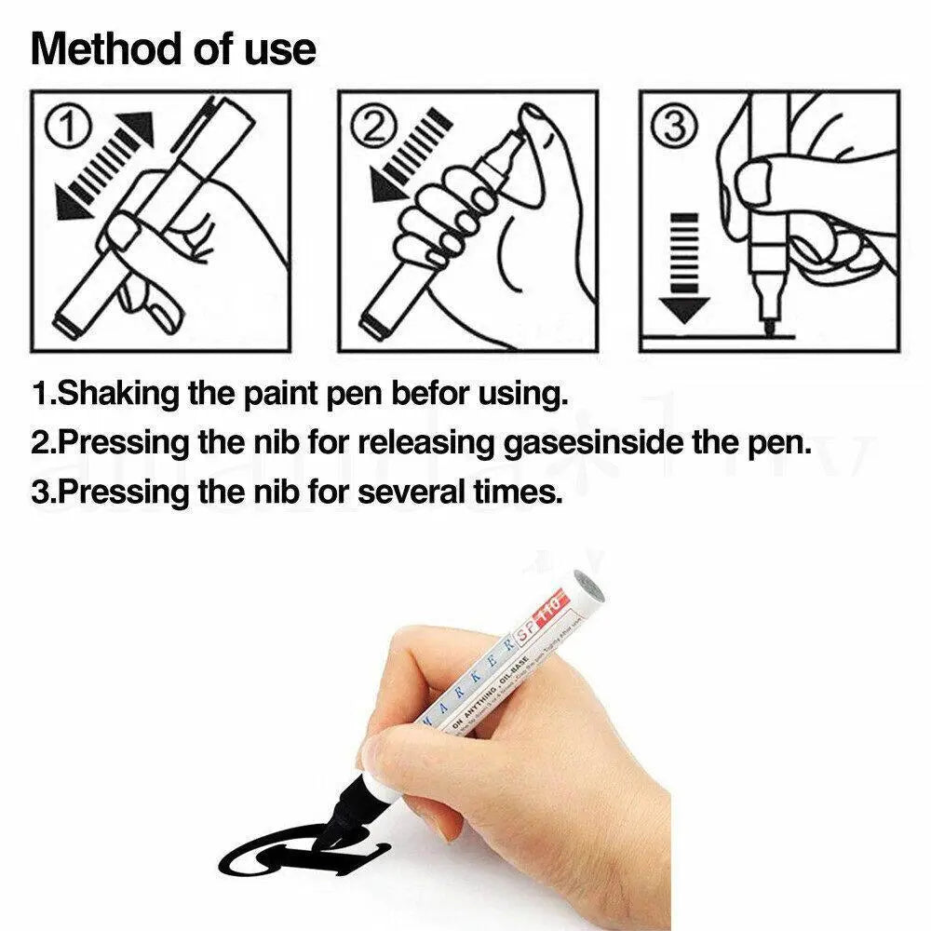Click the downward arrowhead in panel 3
tap(684, 311)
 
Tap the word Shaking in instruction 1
tap(117, 394)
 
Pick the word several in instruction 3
tap(410, 492)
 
